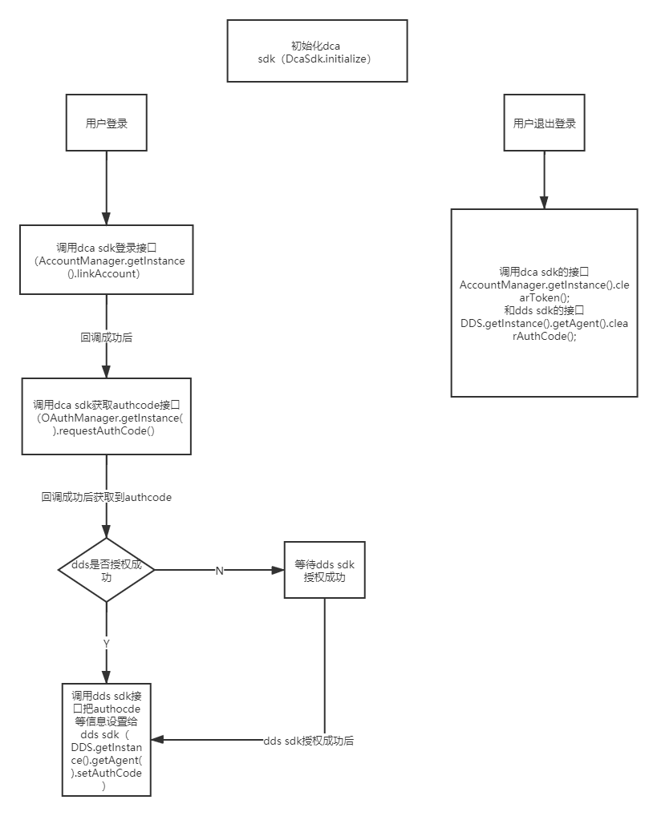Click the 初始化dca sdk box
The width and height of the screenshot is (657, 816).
316,51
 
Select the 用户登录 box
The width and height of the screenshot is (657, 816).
106,123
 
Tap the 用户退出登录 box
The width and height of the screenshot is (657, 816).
544,123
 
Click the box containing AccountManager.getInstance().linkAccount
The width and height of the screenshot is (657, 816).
107,260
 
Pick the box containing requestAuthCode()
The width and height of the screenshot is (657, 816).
106,417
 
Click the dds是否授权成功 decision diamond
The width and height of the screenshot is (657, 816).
106,570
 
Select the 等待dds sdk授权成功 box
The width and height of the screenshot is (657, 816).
324,570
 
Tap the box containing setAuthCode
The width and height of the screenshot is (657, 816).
106,739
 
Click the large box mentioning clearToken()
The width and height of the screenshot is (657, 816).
544,303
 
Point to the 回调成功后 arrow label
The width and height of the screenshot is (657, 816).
107,337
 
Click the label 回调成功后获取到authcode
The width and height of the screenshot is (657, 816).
107,497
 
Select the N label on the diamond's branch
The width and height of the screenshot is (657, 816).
220,570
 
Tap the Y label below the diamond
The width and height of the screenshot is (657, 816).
106,643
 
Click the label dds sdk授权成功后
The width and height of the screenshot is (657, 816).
309,741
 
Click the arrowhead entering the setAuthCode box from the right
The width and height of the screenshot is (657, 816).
157,740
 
